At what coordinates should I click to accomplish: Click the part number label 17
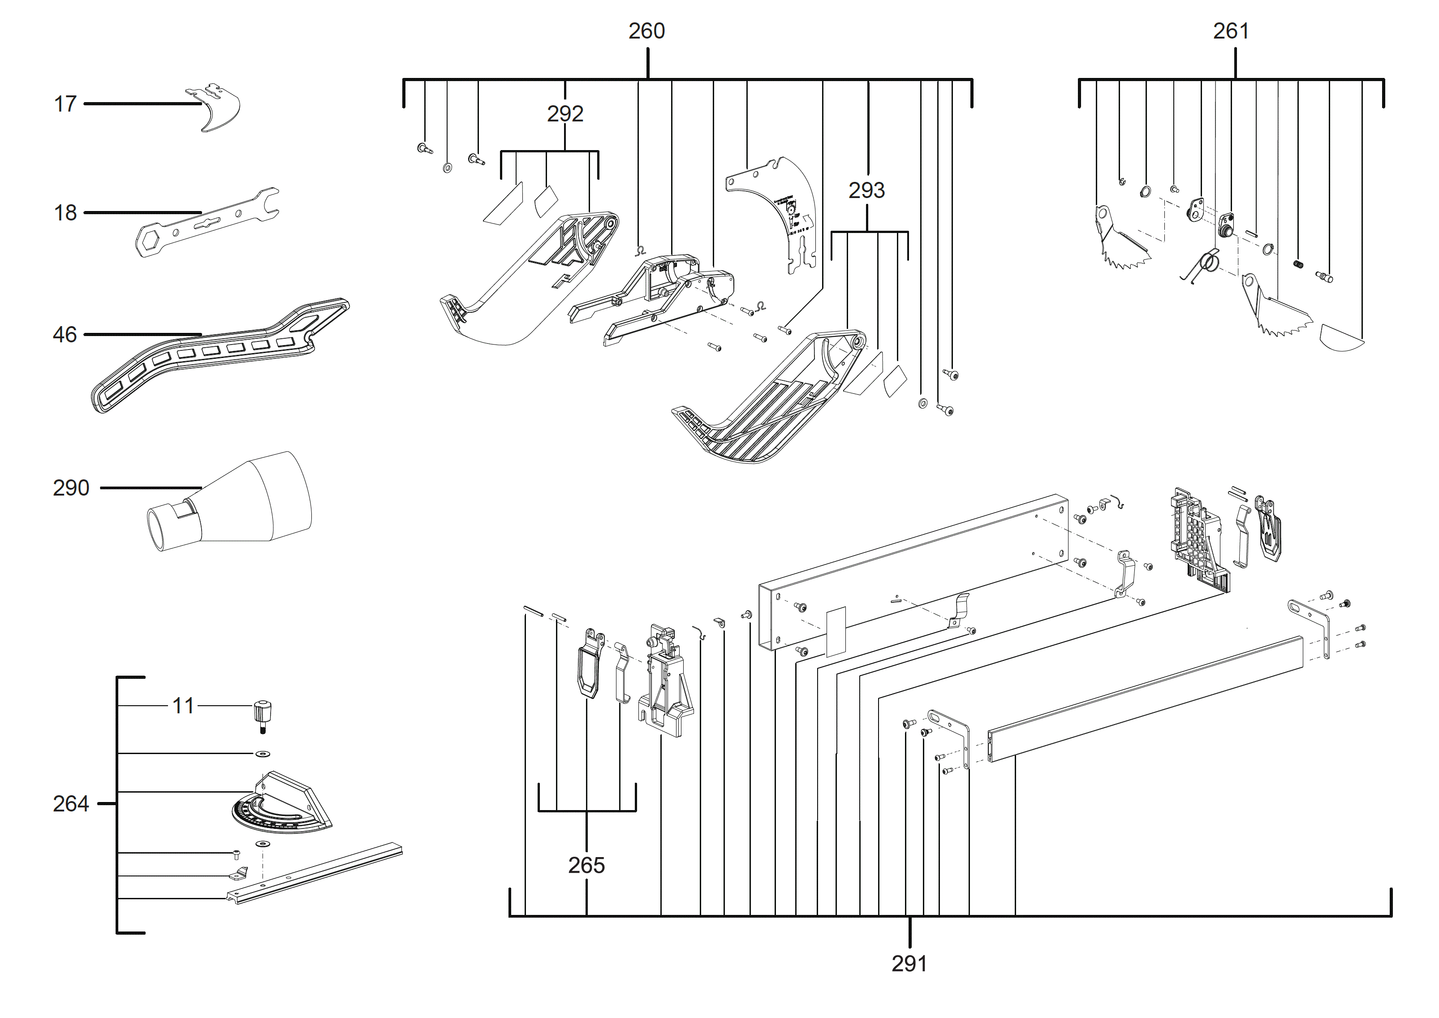(65, 104)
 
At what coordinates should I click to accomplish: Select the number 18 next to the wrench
(65, 213)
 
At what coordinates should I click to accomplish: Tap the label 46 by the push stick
(65, 335)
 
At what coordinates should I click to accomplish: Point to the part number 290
(71, 487)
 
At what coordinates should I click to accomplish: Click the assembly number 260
(646, 31)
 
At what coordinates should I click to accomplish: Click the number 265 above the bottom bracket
(586, 866)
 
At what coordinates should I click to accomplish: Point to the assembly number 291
(909, 963)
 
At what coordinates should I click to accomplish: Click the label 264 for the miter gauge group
(71, 804)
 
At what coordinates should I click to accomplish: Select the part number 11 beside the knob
(183, 706)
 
